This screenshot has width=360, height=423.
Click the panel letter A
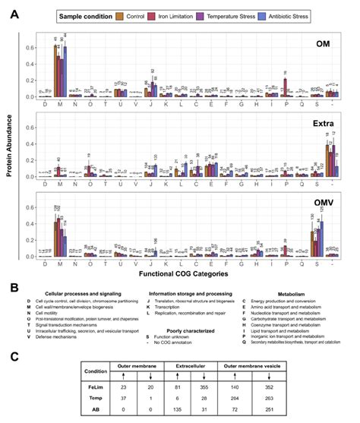[x=13, y=14]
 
